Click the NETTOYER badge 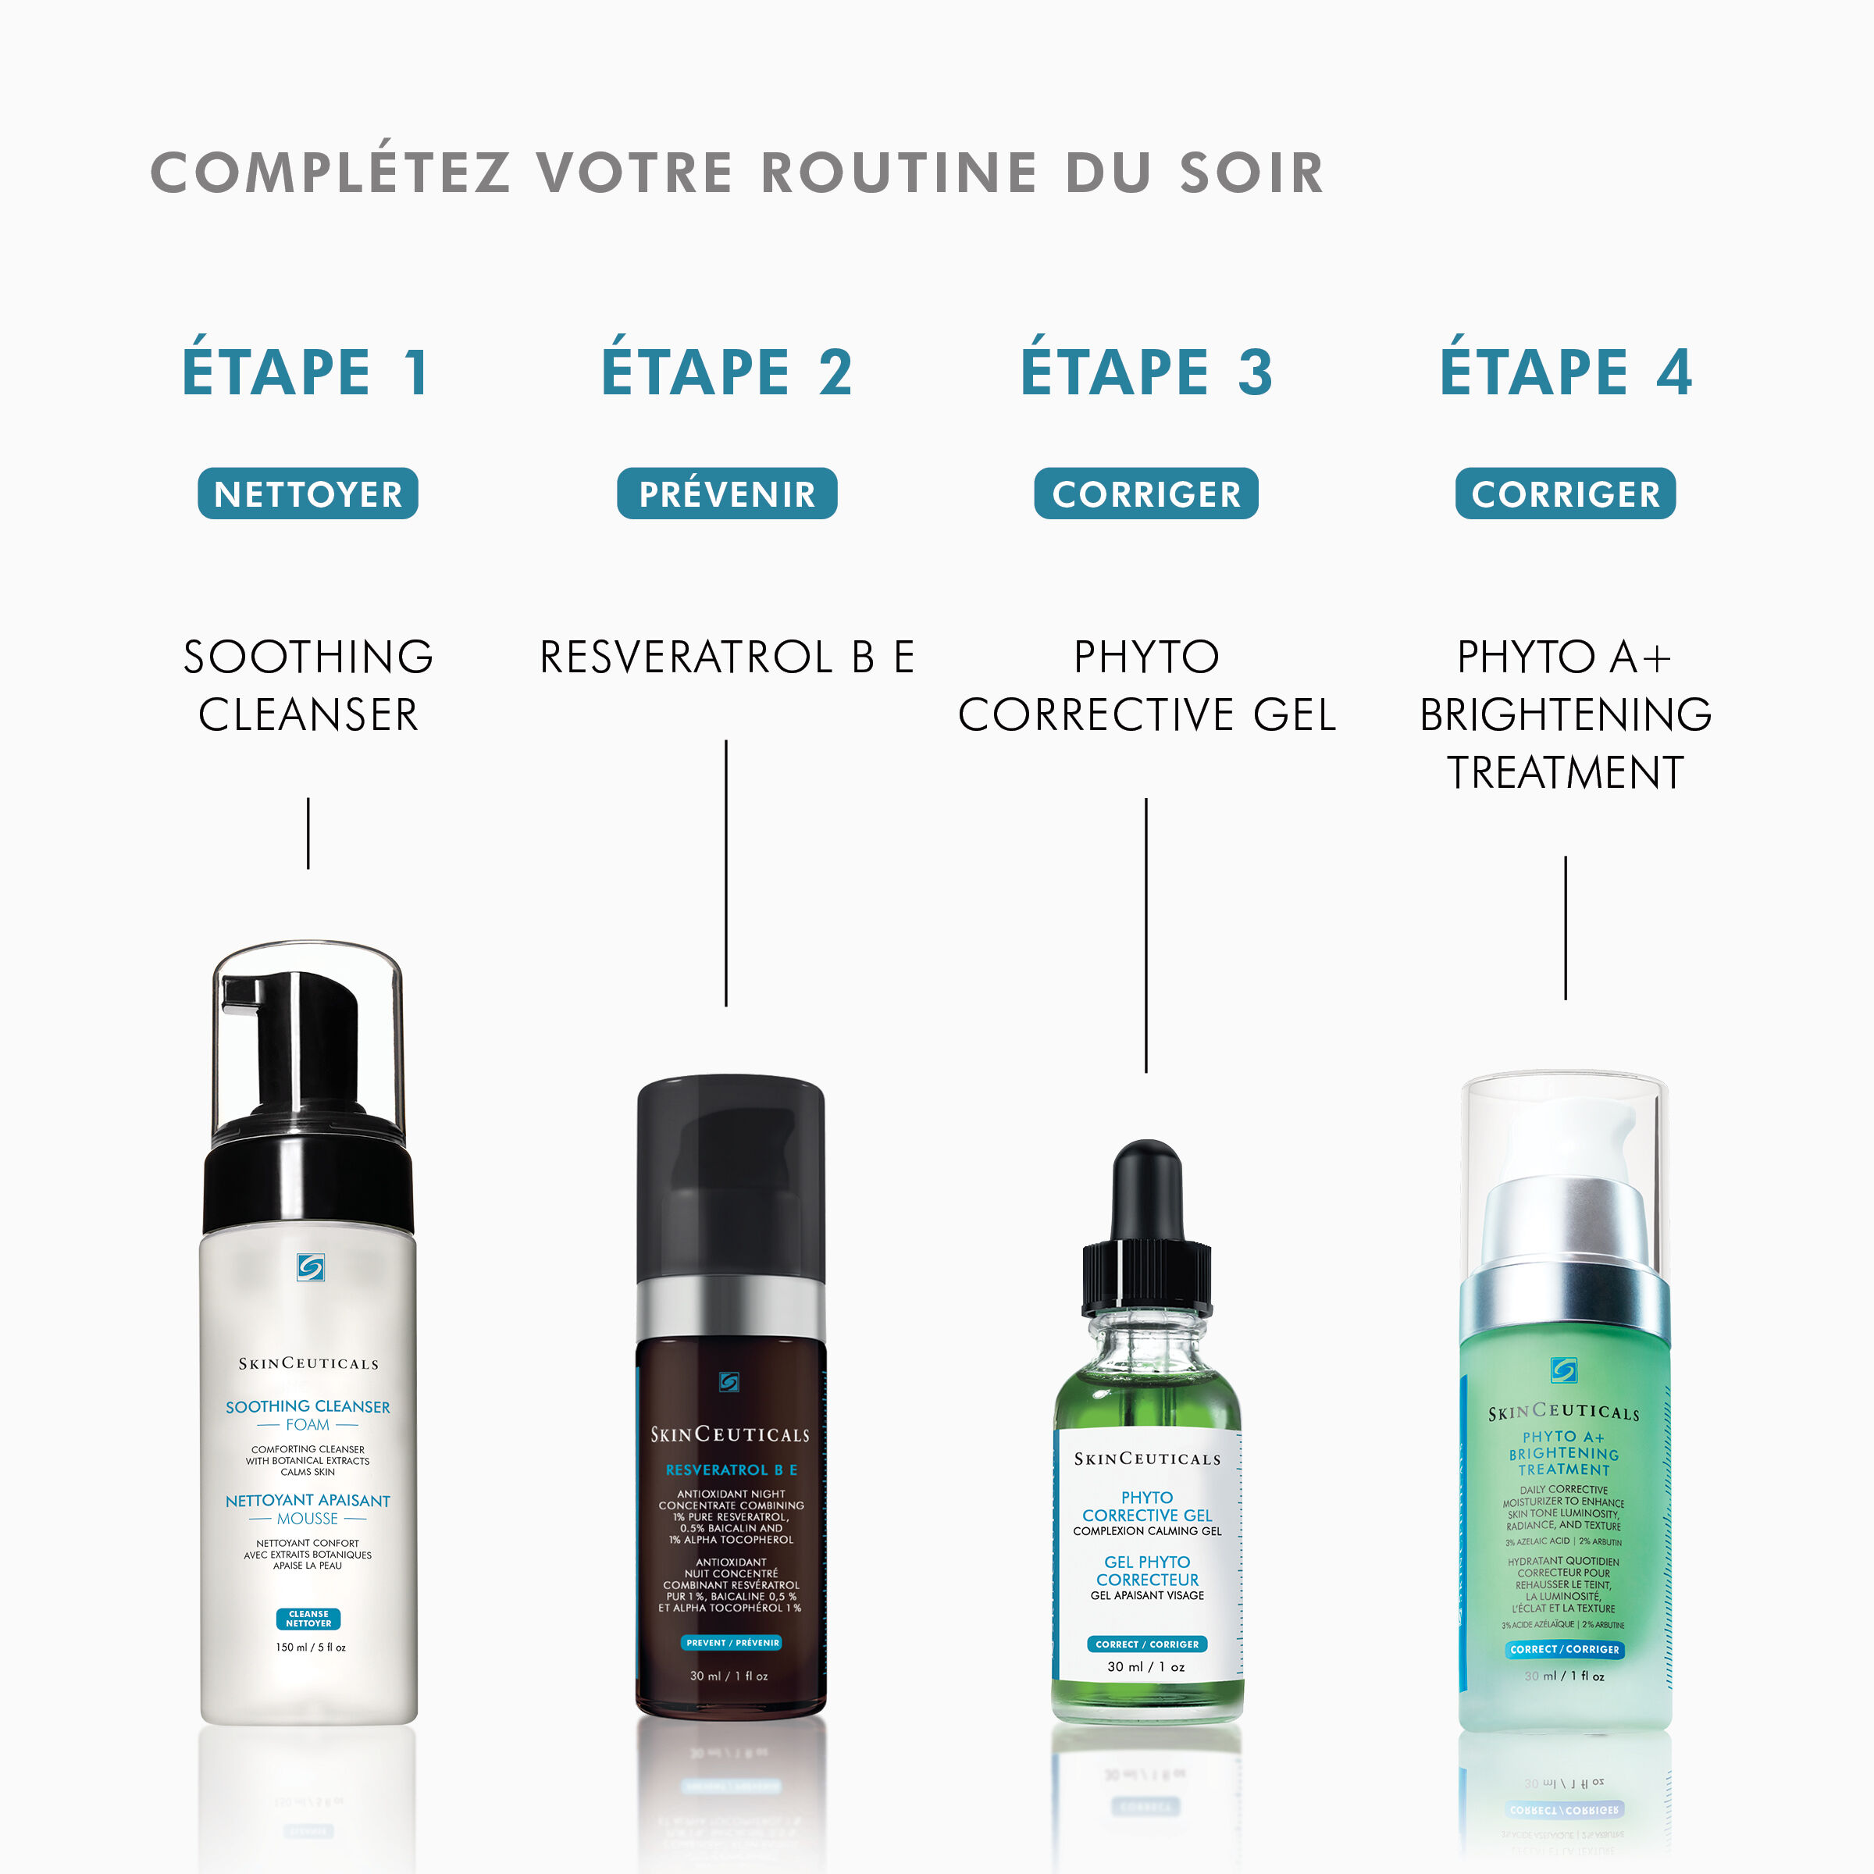pyautogui.click(x=308, y=493)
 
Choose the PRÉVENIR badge pyautogui.click(x=726, y=493)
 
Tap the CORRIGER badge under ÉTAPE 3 pyautogui.click(x=1145, y=493)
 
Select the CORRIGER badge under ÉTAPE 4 pyautogui.click(x=1565, y=493)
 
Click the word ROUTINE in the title pyautogui.click(x=898, y=173)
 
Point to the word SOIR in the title pyautogui.click(x=1251, y=173)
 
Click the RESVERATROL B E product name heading pyautogui.click(x=726, y=657)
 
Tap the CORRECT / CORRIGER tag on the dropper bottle pyautogui.click(x=1146, y=1644)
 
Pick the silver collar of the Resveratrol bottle pyautogui.click(x=730, y=1310)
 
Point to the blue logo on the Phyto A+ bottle pyautogui.click(x=1563, y=1370)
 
